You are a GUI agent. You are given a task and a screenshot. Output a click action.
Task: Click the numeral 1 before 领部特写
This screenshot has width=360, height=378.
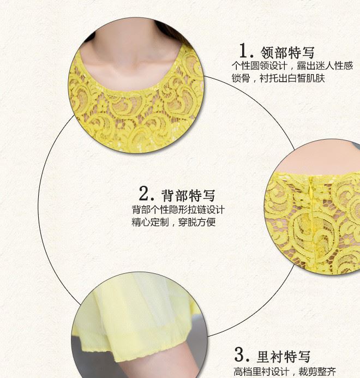click(244, 51)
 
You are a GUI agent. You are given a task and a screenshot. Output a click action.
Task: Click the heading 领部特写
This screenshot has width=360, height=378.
click(288, 52)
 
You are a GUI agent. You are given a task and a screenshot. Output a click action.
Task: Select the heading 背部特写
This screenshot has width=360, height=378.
click(188, 195)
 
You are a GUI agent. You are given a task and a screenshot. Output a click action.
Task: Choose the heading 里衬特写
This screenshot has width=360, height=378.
click(284, 357)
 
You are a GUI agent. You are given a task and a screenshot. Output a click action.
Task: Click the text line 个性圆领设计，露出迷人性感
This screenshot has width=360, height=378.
click(292, 65)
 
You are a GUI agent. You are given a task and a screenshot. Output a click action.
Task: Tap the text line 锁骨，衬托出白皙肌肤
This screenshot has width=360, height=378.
click(279, 78)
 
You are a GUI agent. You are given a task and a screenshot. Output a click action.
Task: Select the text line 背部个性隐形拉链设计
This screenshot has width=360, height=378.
click(178, 209)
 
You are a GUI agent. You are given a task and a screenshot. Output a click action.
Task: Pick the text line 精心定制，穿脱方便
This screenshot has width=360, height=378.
click(173, 222)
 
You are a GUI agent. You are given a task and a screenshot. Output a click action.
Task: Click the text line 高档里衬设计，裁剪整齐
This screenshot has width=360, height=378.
click(285, 371)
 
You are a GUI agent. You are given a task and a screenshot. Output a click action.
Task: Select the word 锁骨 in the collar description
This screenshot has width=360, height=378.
click(241, 78)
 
